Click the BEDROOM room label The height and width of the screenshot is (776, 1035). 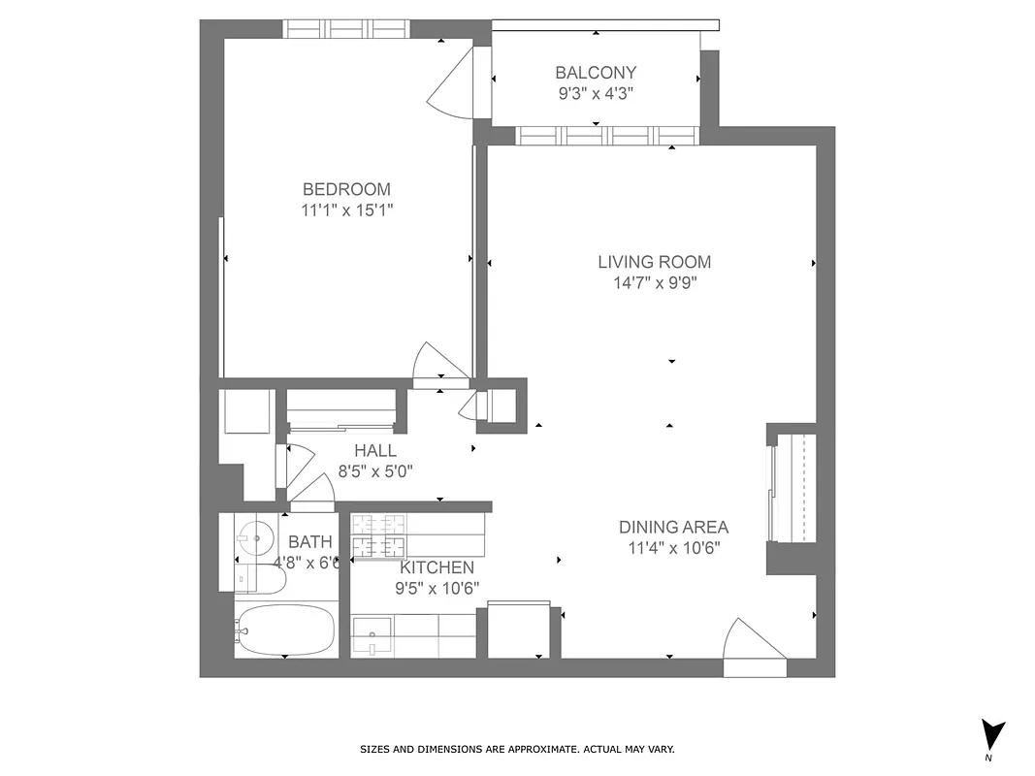(346, 189)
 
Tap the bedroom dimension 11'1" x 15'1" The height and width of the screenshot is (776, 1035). (346, 210)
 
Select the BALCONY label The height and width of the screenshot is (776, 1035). (596, 72)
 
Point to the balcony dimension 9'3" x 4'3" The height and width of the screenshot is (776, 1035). (596, 93)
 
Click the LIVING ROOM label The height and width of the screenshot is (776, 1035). (654, 262)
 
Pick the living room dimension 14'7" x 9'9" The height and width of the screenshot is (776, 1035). (654, 283)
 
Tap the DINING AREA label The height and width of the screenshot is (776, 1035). (673, 528)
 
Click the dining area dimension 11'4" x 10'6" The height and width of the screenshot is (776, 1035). (673, 548)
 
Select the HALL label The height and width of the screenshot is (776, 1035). (374, 451)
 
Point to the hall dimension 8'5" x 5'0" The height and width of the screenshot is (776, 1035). (374, 472)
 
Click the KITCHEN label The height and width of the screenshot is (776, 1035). (437, 567)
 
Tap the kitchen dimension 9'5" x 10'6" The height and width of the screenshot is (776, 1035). (437, 588)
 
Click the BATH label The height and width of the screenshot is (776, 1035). (310, 542)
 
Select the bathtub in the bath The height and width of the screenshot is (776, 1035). (286, 631)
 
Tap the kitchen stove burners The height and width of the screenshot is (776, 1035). (379, 534)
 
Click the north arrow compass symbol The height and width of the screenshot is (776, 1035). (992, 735)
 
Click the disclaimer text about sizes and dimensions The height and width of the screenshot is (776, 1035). (517, 749)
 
